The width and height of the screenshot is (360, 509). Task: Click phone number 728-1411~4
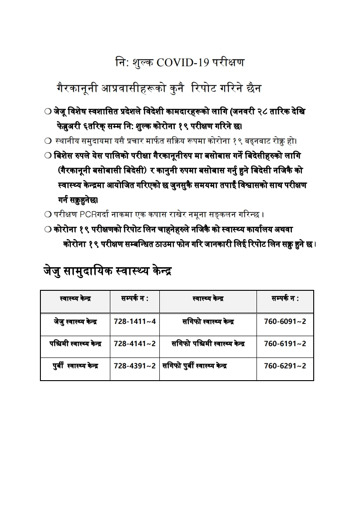pyautogui.click(x=135, y=321)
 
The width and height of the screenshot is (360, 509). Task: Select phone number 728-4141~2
pyautogui.click(x=135, y=343)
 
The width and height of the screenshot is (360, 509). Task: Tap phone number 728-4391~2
pyautogui.click(x=135, y=366)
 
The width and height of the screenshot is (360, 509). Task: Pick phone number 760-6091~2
pyautogui.click(x=285, y=321)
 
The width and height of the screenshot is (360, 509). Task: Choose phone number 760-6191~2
pyautogui.click(x=285, y=343)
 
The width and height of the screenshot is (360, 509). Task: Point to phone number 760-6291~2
pyautogui.click(x=285, y=366)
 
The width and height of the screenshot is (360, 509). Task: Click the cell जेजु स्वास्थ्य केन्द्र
pyautogui.click(x=75, y=322)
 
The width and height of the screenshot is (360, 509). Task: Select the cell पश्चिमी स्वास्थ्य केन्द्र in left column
pyautogui.click(x=75, y=343)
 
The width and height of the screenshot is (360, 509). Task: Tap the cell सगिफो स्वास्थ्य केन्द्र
pyautogui.click(x=208, y=322)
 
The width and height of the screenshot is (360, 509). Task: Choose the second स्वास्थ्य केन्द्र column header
pyautogui.click(x=208, y=299)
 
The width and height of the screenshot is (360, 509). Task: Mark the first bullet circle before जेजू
pyautogui.click(x=48, y=111)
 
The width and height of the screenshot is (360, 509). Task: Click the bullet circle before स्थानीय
pyautogui.click(x=48, y=141)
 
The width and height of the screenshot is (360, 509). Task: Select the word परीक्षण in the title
pyautogui.click(x=228, y=63)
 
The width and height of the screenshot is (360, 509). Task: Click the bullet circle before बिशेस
pyautogui.click(x=48, y=156)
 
